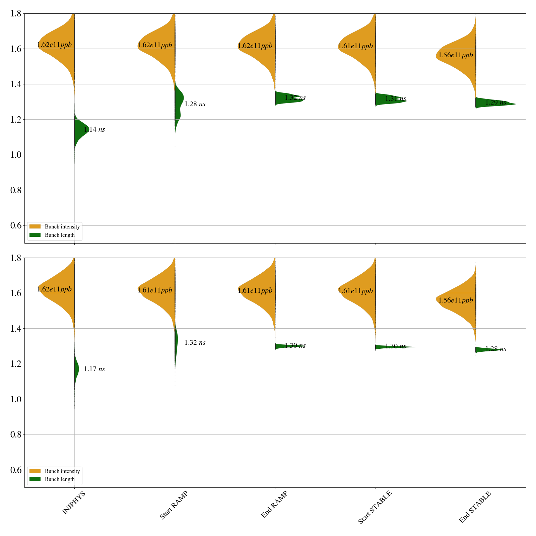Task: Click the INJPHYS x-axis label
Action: click(74, 503)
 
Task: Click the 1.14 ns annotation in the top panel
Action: click(94, 130)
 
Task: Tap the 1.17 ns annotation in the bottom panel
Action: click(94, 369)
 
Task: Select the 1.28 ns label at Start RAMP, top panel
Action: click(195, 104)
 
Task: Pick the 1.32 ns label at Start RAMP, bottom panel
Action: click(195, 343)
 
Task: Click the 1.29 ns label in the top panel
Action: click(496, 103)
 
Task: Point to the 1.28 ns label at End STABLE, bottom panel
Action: click(496, 349)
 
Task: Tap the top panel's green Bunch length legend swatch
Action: click(35, 235)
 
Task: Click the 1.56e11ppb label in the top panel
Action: click(456, 55)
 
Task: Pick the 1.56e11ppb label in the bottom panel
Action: click(456, 300)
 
